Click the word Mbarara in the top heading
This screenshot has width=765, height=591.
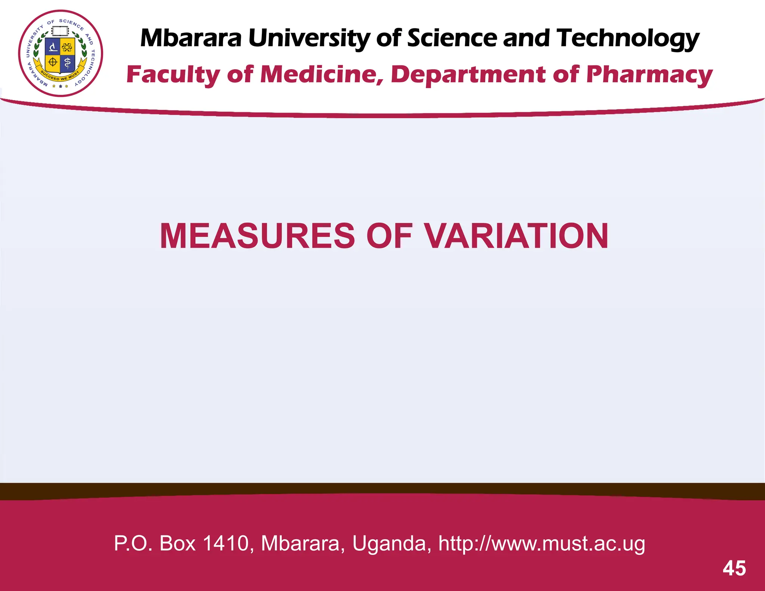tap(191, 38)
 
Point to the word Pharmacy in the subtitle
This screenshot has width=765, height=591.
tap(649, 75)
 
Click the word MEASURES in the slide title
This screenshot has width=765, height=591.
tap(257, 236)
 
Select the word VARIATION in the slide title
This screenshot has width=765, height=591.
tap(516, 236)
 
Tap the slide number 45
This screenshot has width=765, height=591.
tap(734, 569)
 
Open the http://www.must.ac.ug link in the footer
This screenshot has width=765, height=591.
tap(541, 543)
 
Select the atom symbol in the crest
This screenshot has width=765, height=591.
tap(67, 47)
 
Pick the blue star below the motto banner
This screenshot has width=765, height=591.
tap(61, 86)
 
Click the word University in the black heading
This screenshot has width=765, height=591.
tap(309, 38)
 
